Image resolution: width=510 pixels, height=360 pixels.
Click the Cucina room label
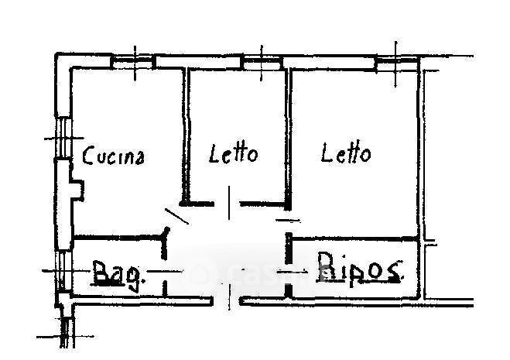click(115, 156)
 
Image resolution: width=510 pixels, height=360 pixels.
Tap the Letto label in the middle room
click(234, 153)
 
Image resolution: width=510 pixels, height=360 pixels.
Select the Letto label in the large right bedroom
click(346, 153)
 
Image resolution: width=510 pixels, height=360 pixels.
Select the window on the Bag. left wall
click(61, 271)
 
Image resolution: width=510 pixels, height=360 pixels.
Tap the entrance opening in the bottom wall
click(227, 299)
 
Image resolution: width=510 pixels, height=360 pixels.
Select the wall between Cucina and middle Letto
click(184, 135)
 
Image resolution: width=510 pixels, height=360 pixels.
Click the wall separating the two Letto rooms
click(288, 135)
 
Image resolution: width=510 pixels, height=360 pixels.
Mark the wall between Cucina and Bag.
click(116, 238)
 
